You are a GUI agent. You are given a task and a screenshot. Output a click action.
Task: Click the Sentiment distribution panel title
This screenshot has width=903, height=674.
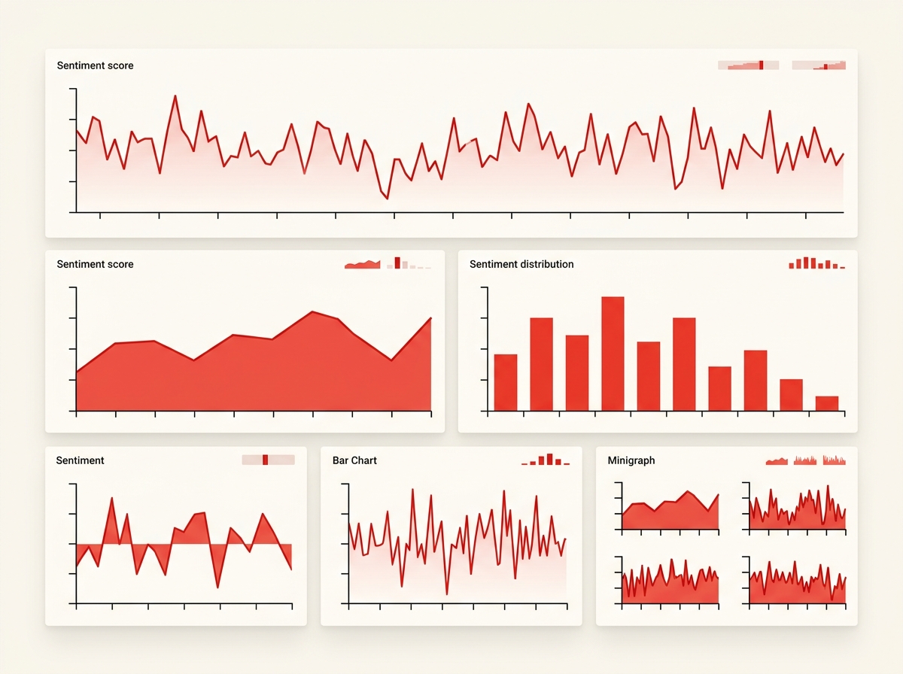tap(521, 264)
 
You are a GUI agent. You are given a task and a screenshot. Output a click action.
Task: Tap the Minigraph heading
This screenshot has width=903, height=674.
tap(631, 460)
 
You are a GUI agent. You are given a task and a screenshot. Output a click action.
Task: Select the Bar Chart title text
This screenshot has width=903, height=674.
tap(354, 460)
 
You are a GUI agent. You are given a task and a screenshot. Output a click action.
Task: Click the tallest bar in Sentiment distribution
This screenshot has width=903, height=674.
tap(613, 354)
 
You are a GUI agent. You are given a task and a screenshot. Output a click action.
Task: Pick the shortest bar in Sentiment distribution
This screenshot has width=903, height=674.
tap(827, 403)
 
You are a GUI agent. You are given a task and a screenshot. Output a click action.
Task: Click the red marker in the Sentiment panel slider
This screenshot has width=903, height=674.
tap(266, 460)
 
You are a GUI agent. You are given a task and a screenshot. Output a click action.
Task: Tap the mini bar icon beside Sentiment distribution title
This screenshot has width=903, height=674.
tap(816, 263)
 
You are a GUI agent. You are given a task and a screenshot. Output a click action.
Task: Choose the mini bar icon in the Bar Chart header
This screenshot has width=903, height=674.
tap(546, 460)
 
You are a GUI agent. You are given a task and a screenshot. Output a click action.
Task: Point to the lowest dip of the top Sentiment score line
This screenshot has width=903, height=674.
tap(387, 198)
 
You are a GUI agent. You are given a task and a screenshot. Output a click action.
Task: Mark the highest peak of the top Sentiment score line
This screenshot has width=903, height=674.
tap(175, 96)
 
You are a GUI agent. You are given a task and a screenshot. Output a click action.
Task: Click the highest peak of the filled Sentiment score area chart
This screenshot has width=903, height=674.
tap(312, 312)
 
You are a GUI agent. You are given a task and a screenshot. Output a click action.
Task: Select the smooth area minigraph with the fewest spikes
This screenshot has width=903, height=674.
tap(670, 511)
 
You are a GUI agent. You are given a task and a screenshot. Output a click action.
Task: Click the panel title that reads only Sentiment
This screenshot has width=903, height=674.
tap(80, 460)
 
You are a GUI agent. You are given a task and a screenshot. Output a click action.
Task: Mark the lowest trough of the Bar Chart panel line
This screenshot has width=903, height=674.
tap(447, 594)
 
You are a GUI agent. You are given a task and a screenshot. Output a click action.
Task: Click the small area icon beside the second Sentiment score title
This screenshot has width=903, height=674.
tap(362, 264)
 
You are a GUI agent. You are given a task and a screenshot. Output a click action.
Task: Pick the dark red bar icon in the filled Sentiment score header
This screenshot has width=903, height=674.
tap(397, 263)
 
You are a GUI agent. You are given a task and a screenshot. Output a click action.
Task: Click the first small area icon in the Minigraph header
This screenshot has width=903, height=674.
tap(777, 460)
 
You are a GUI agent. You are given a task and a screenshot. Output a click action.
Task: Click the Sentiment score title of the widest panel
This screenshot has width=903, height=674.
tap(95, 65)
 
